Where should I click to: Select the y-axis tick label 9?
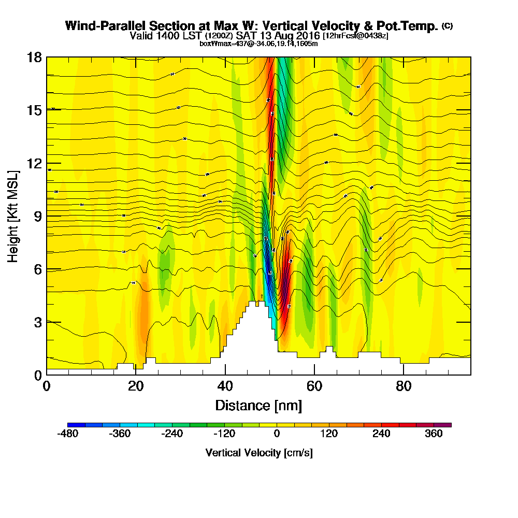click(37, 217)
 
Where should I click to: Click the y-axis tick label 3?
click(37, 322)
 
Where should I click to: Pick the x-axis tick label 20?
click(136, 386)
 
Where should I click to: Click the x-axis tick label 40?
click(225, 386)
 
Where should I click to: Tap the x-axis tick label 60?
click(314, 386)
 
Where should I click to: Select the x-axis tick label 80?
click(404, 386)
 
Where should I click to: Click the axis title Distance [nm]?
click(258, 405)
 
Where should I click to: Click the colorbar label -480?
click(67, 434)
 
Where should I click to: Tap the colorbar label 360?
click(434, 434)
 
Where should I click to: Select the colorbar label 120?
click(329, 434)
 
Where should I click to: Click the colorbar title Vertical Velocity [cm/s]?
click(259, 453)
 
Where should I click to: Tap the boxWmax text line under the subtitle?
click(258, 44)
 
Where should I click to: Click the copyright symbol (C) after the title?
click(447, 26)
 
